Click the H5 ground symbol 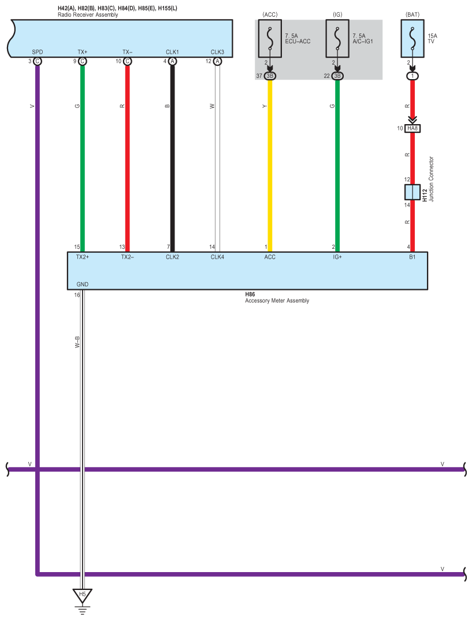(x=83, y=595)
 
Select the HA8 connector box (x=412, y=128)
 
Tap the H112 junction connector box (x=412, y=192)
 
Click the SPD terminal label (x=38, y=52)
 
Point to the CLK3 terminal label (x=217, y=52)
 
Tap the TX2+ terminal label (x=82, y=257)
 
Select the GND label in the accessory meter (x=82, y=285)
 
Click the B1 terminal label (x=412, y=257)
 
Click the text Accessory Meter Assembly (x=277, y=300)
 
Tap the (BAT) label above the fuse (x=412, y=13)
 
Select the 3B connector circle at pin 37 (x=270, y=76)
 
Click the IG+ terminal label (x=337, y=257)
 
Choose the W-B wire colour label (x=77, y=342)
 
